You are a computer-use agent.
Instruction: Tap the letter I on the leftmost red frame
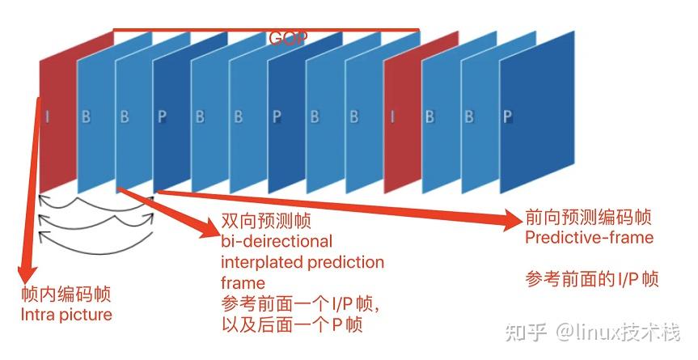(47, 116)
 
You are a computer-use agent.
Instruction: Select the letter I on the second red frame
(393, 116)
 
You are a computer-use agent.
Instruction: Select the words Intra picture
(66, 314)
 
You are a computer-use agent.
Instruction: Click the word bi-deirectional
(276, 242)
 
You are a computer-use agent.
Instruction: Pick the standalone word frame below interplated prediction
(243, 283)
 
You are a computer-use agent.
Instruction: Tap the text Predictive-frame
(589, 238)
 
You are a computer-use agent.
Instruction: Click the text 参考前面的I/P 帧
(591, 280)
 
